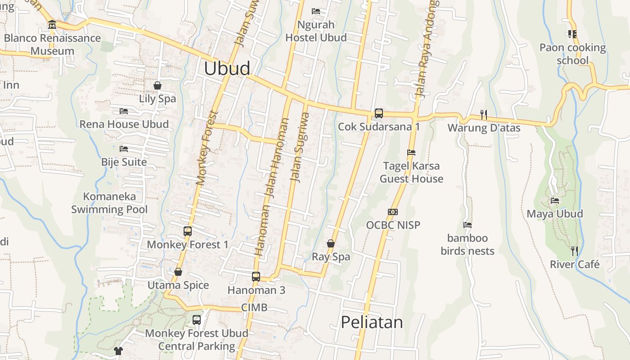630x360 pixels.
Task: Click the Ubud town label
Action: [227, 68]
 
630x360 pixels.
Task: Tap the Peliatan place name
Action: [372, 323]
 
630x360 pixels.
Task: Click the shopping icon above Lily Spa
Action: [157, 85]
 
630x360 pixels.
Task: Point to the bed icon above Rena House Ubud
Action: [124, 111]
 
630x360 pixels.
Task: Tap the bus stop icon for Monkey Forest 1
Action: [188, 231]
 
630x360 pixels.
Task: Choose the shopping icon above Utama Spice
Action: [178, 272]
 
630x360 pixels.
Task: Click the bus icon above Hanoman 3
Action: [256, 276]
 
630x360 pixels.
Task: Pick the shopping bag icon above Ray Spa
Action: [331, 243]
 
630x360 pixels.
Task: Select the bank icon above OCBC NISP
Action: [393, 212]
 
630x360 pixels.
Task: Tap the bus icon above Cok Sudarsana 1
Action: [379, 113]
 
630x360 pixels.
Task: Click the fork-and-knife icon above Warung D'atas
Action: [484, 115]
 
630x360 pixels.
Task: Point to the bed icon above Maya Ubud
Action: [555, 201]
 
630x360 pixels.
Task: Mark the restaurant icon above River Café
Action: [575, 251]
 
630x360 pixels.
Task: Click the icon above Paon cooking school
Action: [572, 34]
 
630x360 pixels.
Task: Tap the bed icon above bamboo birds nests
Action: [468, 225]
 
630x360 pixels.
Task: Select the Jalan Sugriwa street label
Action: [300, 147]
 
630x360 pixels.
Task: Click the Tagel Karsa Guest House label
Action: [411, 172]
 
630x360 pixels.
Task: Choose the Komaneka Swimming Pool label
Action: [109, 203]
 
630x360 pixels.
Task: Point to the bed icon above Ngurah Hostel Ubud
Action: [316, 11]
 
